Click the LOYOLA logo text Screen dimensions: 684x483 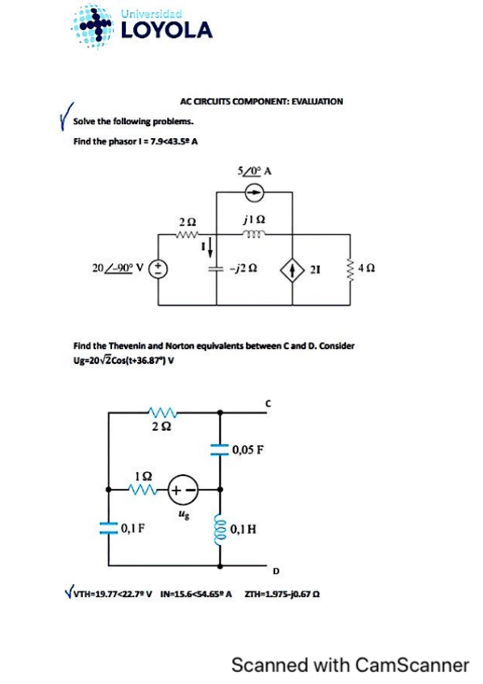click(167, 31)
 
